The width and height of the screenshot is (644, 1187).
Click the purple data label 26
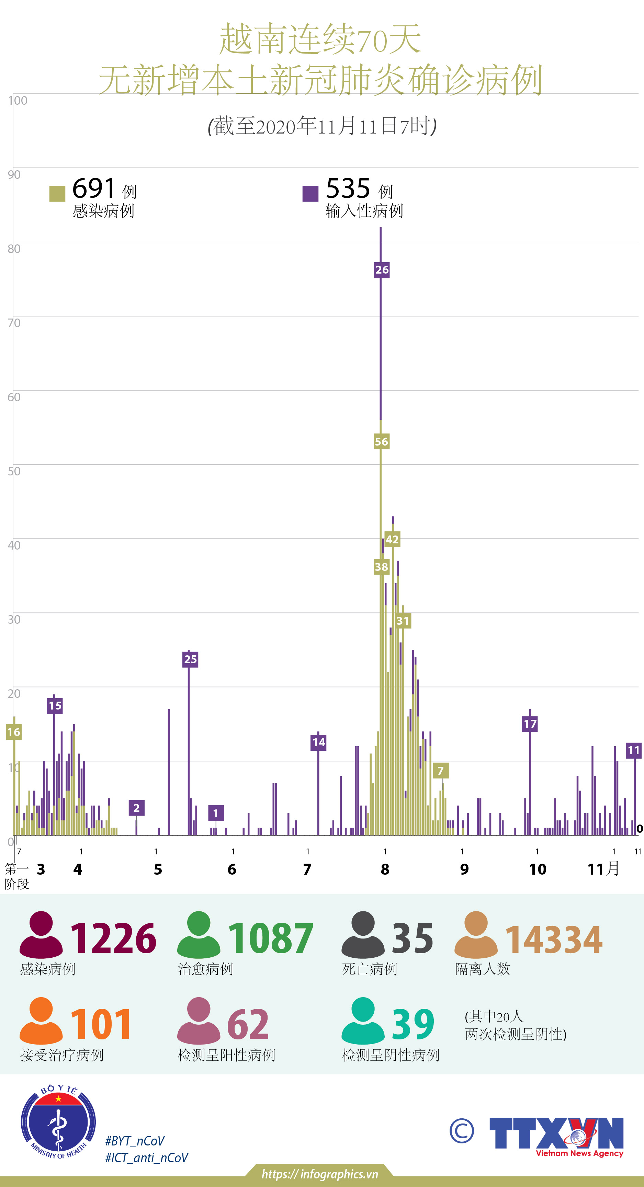(x=382, y=269)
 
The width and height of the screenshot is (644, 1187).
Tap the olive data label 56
(x=381, y=441)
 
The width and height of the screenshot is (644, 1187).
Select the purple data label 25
(x=190, y=659)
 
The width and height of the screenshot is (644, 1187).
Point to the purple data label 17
(x=530, y=724)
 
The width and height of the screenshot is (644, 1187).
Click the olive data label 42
(x=392, y=539)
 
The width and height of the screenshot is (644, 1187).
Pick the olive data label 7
(x=441, y=770)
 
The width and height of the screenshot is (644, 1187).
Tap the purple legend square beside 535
(x=310, y=194)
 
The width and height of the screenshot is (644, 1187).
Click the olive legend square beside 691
(x=57, y=194)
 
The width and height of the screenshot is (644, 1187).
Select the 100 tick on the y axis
(x=18, y=101)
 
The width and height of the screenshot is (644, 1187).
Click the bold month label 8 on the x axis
(x=385, y=869)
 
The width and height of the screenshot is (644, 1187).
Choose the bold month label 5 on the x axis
(x=158, y=869)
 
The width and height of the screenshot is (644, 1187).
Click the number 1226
(x=113, y=938)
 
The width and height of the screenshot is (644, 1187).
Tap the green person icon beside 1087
(x=199, y=934)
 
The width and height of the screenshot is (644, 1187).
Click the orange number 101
(x=101, y=1024)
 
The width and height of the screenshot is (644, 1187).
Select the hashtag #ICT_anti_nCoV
(x=147, y=1157)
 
